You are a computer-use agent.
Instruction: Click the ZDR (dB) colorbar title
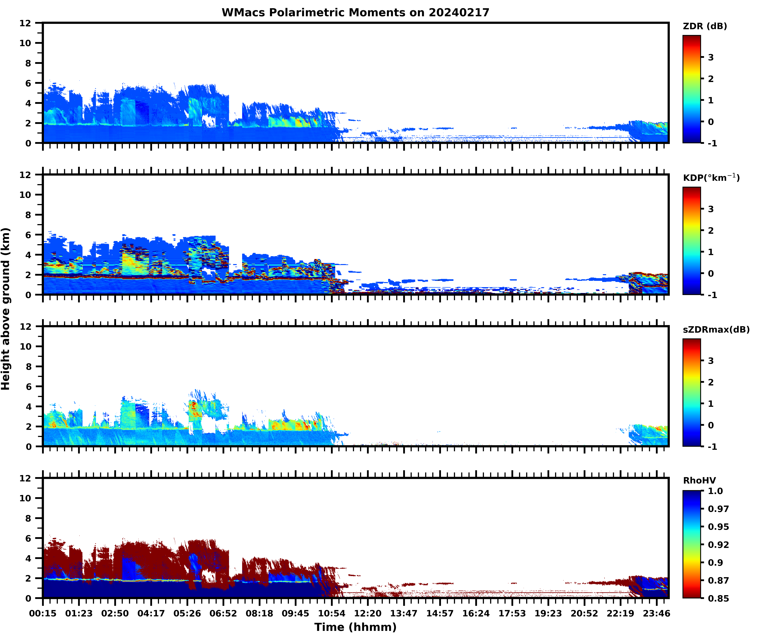705,26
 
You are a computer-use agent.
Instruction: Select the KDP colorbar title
711,178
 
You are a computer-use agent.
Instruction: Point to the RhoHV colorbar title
699,480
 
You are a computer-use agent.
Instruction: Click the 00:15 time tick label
43,613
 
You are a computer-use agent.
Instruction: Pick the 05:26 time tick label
187,613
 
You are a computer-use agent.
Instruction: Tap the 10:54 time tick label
331,613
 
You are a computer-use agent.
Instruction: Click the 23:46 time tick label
656,613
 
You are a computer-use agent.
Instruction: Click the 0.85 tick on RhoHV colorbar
718,598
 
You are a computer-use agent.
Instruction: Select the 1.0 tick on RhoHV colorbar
715,491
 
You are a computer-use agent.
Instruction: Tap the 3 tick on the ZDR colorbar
711,57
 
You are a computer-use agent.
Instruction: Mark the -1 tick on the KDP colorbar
712,295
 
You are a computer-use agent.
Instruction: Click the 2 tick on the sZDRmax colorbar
711,382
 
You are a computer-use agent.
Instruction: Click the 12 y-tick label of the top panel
25,23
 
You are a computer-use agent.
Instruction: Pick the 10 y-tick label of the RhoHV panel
25,498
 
